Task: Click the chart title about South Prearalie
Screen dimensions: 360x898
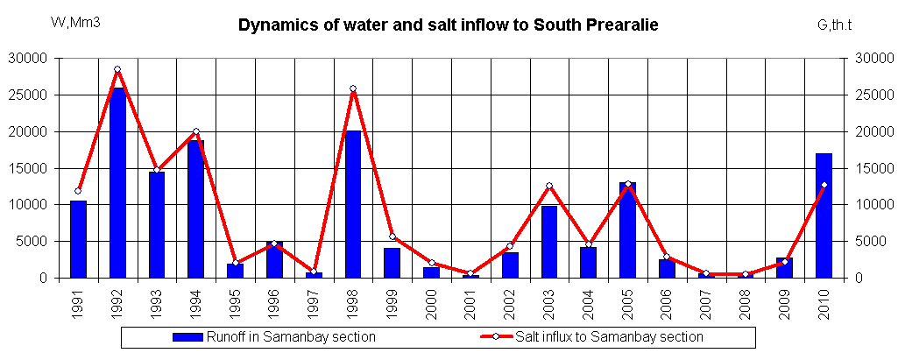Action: coord(448,25)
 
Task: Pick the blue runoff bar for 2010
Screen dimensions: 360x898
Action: coord(824,215)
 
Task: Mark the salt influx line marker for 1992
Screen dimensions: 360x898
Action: coord(117,69)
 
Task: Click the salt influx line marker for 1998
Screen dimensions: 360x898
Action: coord(353,88)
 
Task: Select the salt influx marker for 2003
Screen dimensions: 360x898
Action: coord(549,186)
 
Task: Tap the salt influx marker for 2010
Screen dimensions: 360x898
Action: coord(824,185)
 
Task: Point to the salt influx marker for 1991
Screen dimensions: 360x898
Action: coord(78,191)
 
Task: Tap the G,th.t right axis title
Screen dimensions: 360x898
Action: coord(834,25)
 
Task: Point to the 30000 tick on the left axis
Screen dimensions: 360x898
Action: coord(32,59)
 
